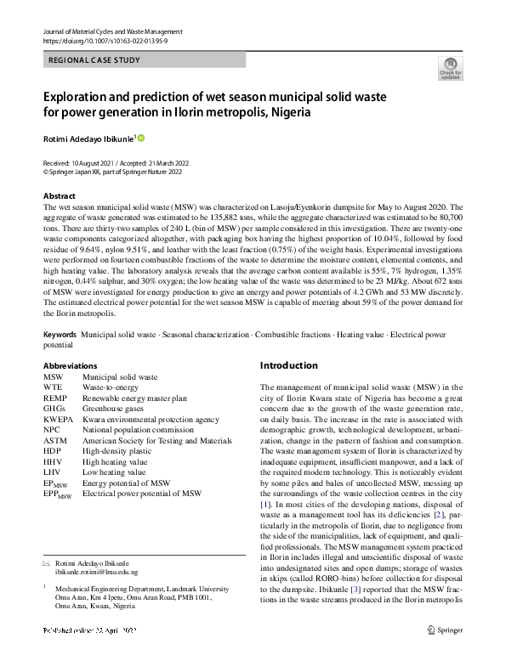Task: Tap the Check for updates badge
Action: [x=450, y=68]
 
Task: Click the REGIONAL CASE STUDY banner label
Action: [x=94, y=60]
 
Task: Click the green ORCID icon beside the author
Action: [x=141, y=138]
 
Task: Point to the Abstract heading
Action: [x=60, y=195]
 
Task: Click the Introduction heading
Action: [x=289, y=365]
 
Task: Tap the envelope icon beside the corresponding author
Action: [x=47, y=563]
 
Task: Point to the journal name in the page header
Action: [x=111, y=31]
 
